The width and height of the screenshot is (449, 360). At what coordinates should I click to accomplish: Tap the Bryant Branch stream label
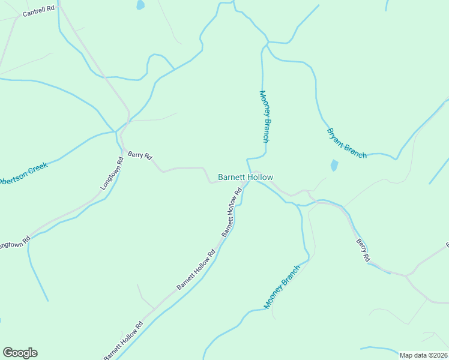[x=346, y=143]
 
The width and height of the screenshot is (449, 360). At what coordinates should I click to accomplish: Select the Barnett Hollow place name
[x=245, y=177]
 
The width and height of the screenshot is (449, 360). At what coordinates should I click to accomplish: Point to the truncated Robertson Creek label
[x=23, y=173]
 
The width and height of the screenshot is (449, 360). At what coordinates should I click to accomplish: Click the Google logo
[x=20, y=353]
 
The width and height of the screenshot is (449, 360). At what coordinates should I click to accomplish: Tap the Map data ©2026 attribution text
[x=423, y=355]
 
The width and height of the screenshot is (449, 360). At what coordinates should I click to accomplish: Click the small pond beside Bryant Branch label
[x=334, y=165]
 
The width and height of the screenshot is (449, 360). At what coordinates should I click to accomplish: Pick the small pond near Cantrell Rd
[x=140, y=5]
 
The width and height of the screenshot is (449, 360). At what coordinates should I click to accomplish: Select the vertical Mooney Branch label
[x=264, y=116]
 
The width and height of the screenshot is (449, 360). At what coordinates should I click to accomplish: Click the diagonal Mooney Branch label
[x=281, y=286]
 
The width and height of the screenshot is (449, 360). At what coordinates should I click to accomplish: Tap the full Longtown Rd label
[x=112, y=173]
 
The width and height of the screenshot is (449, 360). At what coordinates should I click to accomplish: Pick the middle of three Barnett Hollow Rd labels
[x=196, y=270]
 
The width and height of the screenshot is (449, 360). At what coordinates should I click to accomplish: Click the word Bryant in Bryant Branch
[x=336, y=136]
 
